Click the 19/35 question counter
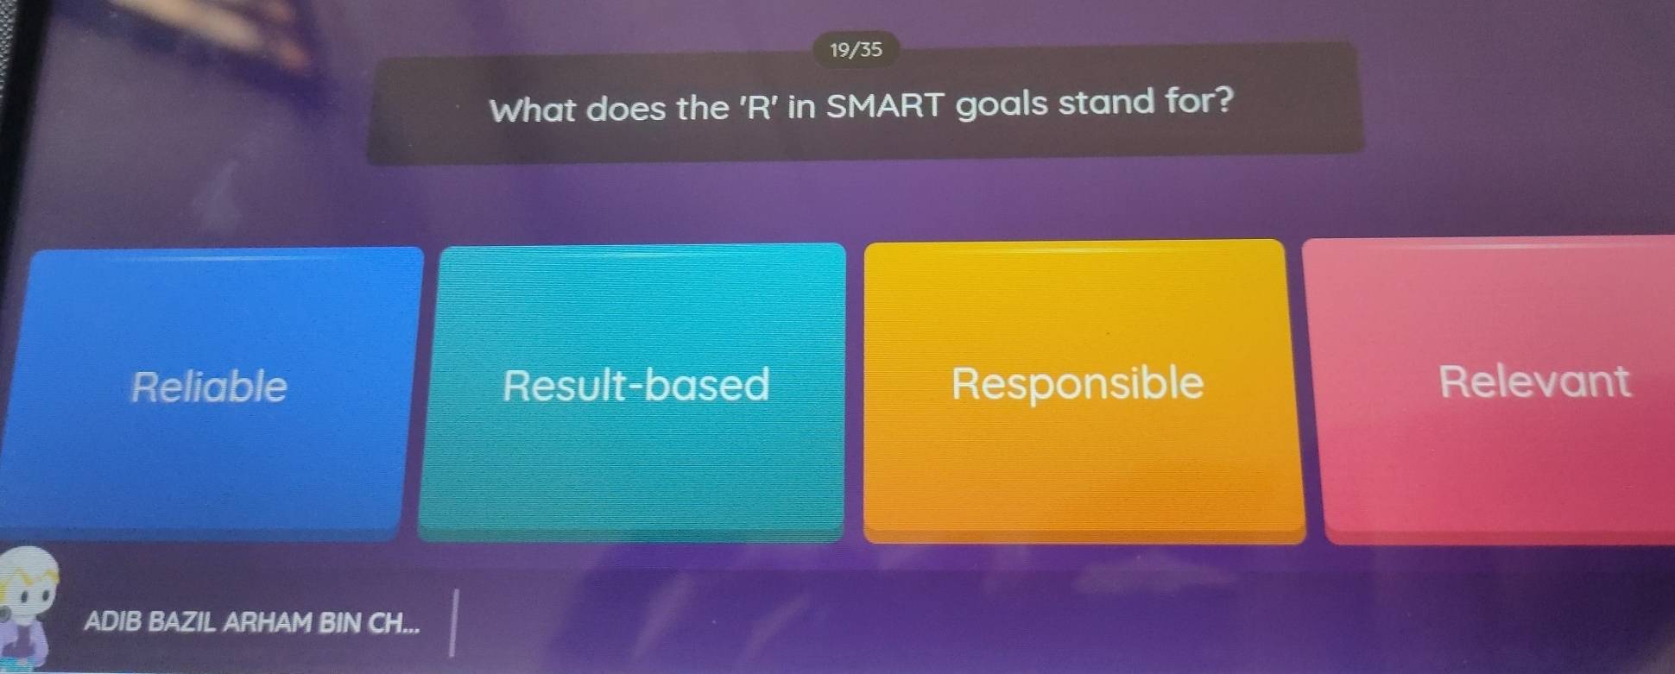point(856,49)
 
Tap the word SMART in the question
point(885,105)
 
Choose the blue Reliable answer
point(211,394)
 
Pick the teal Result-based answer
point(632,393)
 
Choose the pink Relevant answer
point(1494,390)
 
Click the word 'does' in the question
point(628,110)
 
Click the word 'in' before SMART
point(802,106)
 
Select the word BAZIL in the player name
point(181,622)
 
